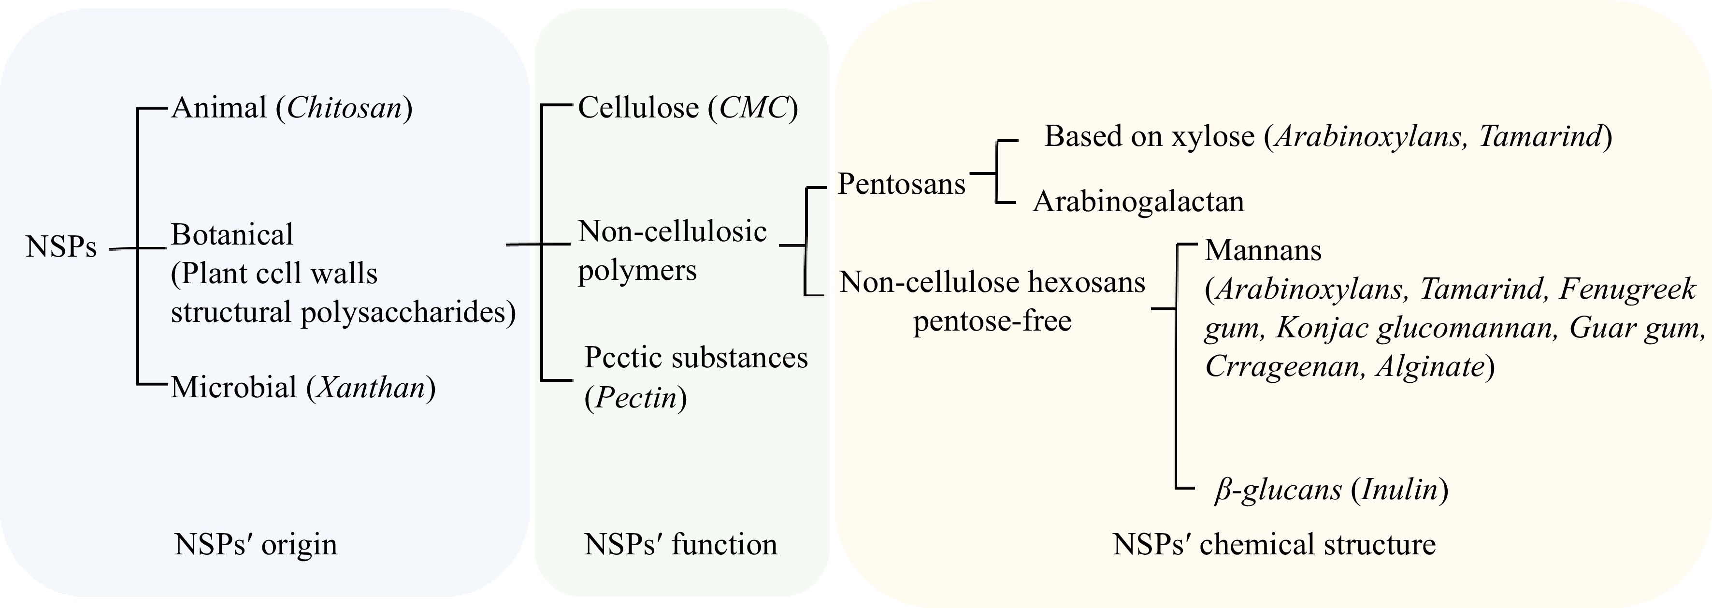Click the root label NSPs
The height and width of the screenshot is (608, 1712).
(61, 247)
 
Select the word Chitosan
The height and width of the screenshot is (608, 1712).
(344, 108)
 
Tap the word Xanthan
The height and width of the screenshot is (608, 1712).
(370, 388)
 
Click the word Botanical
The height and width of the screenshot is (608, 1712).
(232, 234)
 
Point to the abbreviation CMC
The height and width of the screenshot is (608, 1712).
(754, 108)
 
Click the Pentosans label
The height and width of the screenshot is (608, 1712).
(901, 184)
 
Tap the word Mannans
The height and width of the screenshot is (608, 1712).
(1263, 250)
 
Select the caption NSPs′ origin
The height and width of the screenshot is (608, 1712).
(256, 544)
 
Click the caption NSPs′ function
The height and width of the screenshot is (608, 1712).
(680, 544)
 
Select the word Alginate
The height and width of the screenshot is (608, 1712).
(1430, 367)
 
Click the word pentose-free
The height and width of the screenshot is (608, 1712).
(992, 321)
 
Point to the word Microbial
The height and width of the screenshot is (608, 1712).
(233, 388)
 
